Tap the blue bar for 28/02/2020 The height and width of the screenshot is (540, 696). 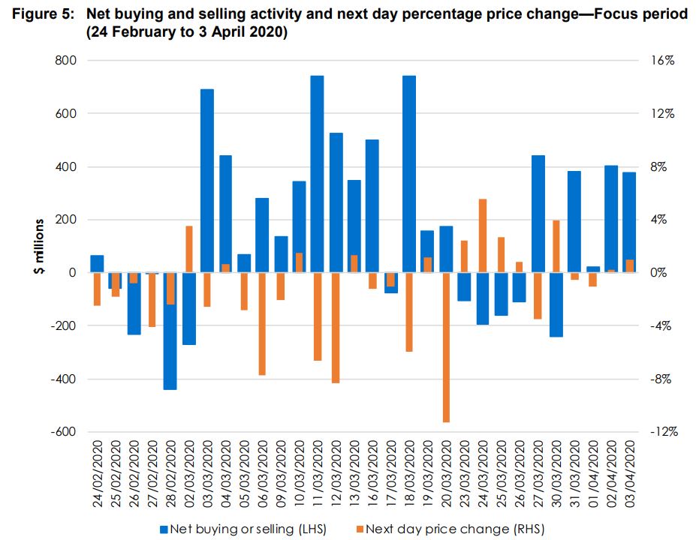click(x=170, y=331)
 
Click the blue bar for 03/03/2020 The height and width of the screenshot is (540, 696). click(x=206, y=181)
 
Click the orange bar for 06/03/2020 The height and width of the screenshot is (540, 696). click(x=262, y=323)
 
